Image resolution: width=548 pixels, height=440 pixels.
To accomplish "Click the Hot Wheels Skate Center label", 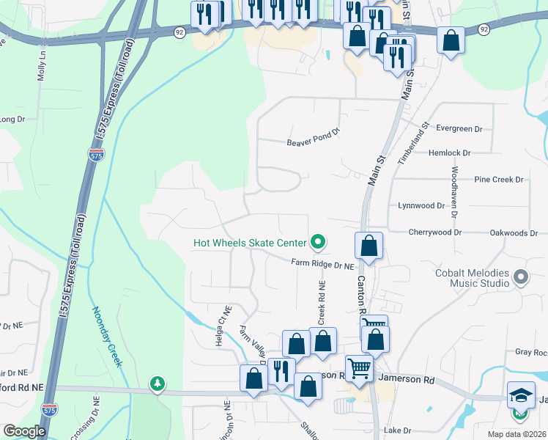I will (x=248, y=243).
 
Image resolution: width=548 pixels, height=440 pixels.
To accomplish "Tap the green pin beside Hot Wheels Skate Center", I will (x=318, y=241).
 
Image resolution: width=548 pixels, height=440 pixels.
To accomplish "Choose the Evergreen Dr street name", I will (x=459, y=128).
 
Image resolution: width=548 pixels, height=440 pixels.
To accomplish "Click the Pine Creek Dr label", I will (x=499, y=179).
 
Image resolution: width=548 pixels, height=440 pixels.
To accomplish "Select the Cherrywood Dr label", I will (x=437, y=232).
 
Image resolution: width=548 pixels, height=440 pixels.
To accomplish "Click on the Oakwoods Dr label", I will (x=513, y=232).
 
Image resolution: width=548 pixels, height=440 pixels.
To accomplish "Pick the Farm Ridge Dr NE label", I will (x=322, y=263).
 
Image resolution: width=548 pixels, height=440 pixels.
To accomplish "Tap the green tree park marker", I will (x=157, y=384).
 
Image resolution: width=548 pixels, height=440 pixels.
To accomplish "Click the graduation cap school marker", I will (x=521, y=394).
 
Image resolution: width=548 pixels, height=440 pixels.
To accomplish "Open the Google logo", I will (x=24, y=431).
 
